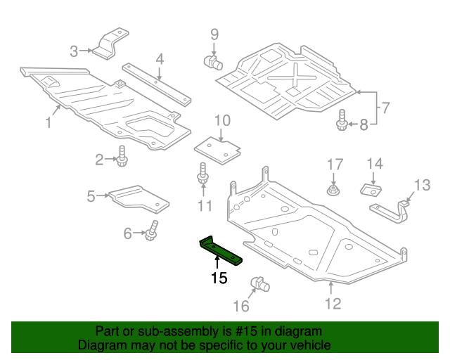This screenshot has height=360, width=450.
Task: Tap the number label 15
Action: click(x=219, y=278)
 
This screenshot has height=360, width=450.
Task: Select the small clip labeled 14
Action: click(x=371, y=189)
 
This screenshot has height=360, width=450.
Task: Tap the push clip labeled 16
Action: click(x=261, y=285)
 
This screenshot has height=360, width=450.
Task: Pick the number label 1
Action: click(x=49, y=123)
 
